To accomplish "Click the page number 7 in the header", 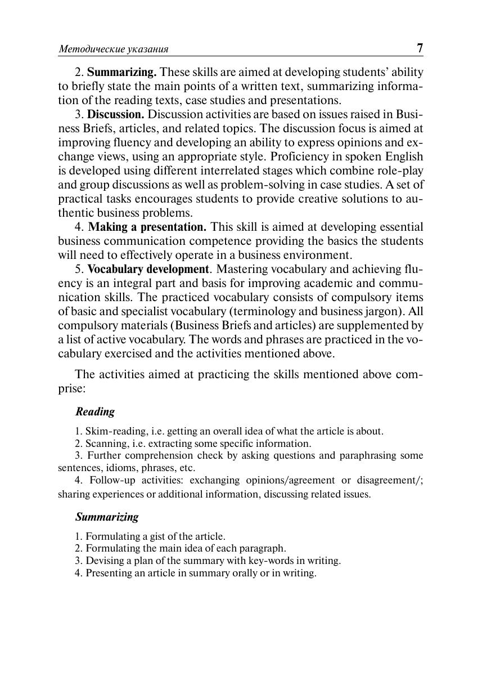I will (420, 48).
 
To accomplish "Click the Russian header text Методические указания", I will (114, 50).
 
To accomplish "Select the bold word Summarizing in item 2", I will (122, 73).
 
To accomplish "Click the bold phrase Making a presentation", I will (147, 227).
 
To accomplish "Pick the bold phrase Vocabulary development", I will (148, 269).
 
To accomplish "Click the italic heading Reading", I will (95, 411).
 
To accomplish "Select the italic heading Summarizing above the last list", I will (107, 517).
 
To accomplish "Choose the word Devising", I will (105, 561).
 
